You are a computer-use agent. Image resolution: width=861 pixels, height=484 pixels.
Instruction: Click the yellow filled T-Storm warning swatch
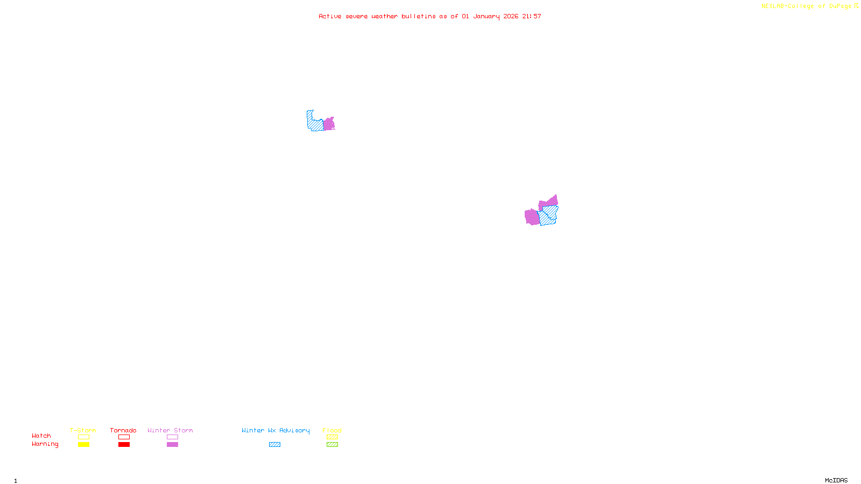tap(83, 445)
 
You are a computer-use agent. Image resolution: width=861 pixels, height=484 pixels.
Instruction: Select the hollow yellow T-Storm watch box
tap(83, 437)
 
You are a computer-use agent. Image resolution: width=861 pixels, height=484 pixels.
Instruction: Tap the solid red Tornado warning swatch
tap(124, 445)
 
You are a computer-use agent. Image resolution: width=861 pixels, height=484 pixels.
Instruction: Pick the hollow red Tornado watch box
tap(124, 437)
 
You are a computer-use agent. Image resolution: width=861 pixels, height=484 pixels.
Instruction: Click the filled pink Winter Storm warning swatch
tap(172, 445)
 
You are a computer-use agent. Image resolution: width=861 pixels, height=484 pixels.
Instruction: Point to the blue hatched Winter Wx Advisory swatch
tap(274, 445)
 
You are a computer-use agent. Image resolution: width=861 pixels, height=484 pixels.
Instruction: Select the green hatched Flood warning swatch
tap(332, 445)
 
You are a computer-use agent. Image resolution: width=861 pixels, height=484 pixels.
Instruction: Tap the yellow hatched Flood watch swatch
tap(332, 437)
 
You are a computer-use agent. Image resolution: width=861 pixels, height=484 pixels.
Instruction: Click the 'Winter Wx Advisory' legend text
tap(276, 430)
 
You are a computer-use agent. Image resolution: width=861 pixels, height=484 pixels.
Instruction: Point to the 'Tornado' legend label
tap(123, 430)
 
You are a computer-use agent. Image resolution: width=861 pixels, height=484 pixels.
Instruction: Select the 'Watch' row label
tap(41, 436)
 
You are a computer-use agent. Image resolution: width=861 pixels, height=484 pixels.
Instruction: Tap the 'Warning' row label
tap(45, 444)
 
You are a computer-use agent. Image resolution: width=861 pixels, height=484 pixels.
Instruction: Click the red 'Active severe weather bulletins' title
tap(429, 16)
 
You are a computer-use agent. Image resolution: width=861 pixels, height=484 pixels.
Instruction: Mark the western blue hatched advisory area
tap(314, 123)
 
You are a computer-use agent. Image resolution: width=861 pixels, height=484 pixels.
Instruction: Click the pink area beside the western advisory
tap(329, 124)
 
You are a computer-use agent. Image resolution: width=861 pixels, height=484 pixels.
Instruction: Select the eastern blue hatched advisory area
tap(549, 215)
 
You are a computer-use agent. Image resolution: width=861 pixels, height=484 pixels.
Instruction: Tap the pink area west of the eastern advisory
tap(532, 217)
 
